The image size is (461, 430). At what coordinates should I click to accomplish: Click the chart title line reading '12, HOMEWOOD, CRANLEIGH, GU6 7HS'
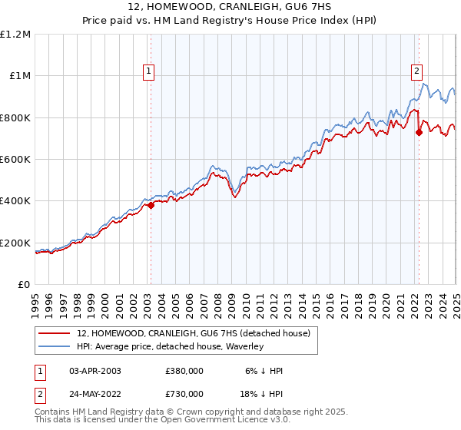point(230,7)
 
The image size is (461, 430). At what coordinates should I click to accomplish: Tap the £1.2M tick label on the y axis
point(15,35)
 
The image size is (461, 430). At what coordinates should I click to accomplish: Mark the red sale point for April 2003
point(151,205)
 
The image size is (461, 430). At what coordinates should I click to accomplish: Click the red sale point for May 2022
point(419,132)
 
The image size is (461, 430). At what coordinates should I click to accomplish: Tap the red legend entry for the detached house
point(193,333)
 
